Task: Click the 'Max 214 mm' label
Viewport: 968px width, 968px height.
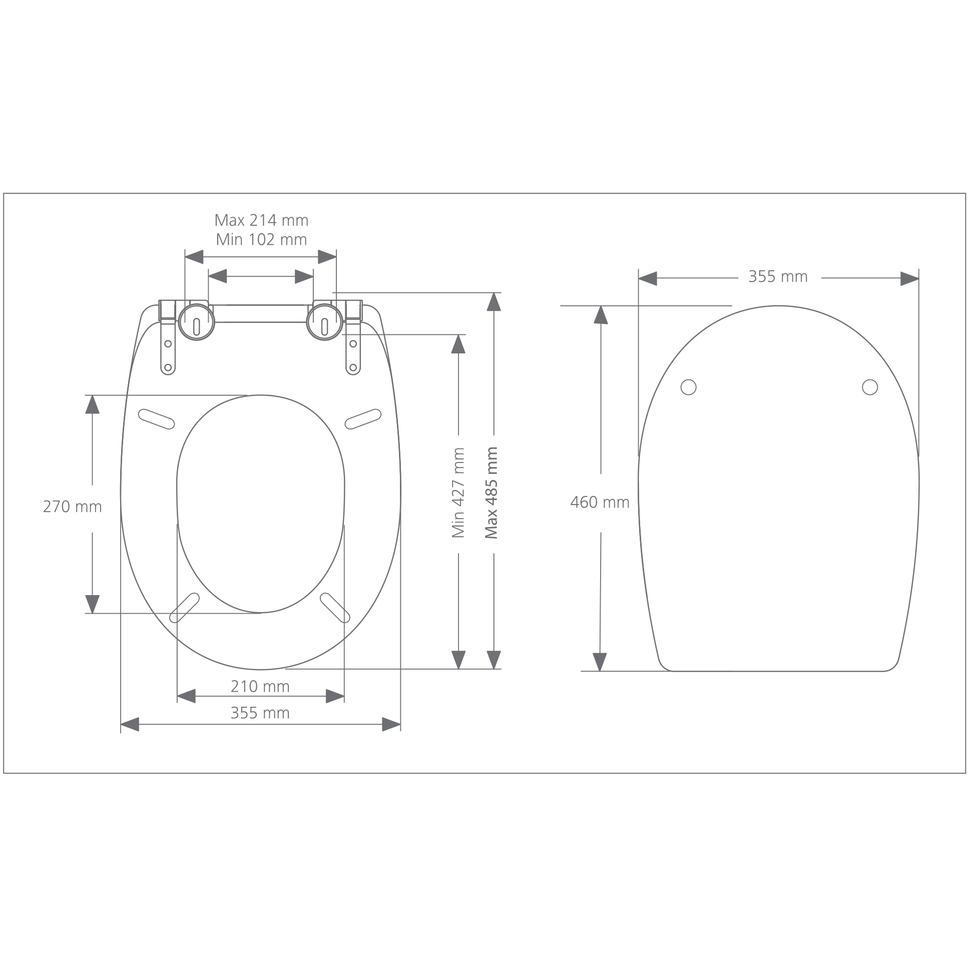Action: pos(261,220)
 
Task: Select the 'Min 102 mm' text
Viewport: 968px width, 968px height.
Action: pos(261,240)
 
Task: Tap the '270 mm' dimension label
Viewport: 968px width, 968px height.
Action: pos(72,507)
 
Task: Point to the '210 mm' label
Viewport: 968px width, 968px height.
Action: pos(260,686)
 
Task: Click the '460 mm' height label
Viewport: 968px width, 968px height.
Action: pos(600,502)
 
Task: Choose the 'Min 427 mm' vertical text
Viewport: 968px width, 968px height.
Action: pos(458,493)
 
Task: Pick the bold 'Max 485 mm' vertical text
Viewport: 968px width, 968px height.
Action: pos(492,493)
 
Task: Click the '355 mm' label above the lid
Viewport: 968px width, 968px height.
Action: pos(778,277)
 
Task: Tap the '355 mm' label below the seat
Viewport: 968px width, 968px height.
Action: pos(260,713)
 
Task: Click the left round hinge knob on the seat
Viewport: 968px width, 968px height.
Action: pos(196,322)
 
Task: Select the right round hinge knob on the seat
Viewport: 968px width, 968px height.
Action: pos(325,322)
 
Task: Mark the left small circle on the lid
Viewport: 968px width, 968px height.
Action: pos(688,387)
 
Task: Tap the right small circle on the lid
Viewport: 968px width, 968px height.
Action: pos(870,387)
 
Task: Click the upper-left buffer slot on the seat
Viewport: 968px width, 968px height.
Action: pos(156,419)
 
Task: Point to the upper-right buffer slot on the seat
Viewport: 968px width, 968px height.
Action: pos(363,419)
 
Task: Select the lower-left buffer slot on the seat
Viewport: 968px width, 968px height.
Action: pos(184,608)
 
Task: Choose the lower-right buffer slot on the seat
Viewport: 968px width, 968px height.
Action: pos(335,608)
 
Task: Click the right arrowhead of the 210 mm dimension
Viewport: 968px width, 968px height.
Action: pos(335,696)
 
